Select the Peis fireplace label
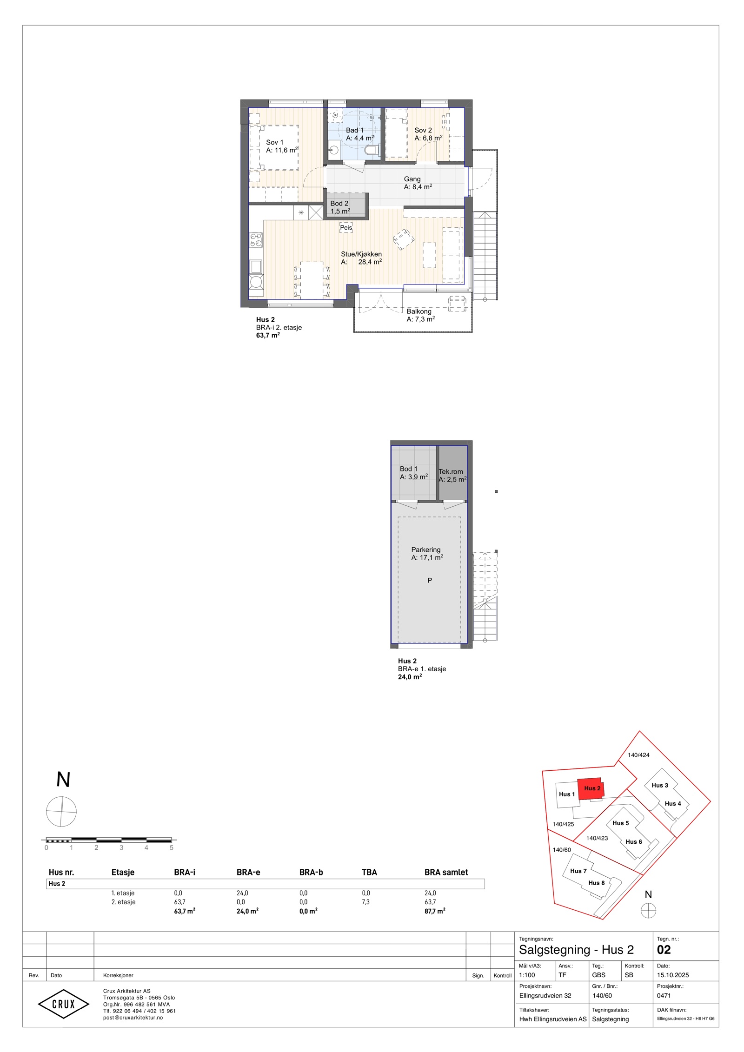pyautogui.click(x=346, y=228)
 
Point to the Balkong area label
pyautogui.click(x=420, y=315)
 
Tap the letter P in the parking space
pyautogui.click(x=430, y=581)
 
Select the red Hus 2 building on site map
pyautogui.click(x=591, y=789)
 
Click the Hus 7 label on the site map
pyautogui.click(x=578, y=871)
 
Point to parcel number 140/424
pyautogui.click(x=638, y=755)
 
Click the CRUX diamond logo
pyautogui.click(x=63, y=1004)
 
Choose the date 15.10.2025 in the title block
pyautogui.click(x=673, y=975)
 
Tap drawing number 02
pyautogui.click(x=664, y=950)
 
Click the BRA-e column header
pyautogui.click(x=248, y=873)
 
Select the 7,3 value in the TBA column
pyautogui.click(x=366, y=902)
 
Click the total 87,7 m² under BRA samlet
pyautogui.click(x=435, y=911)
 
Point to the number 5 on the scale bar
pyautogui.click(x=172, y=848)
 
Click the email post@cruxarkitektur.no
pyautogui.click(x=133, y=1018)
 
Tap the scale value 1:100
pyautogui.click(x=527, y=975)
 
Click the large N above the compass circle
pyautogui.click(x=63, y=780)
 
